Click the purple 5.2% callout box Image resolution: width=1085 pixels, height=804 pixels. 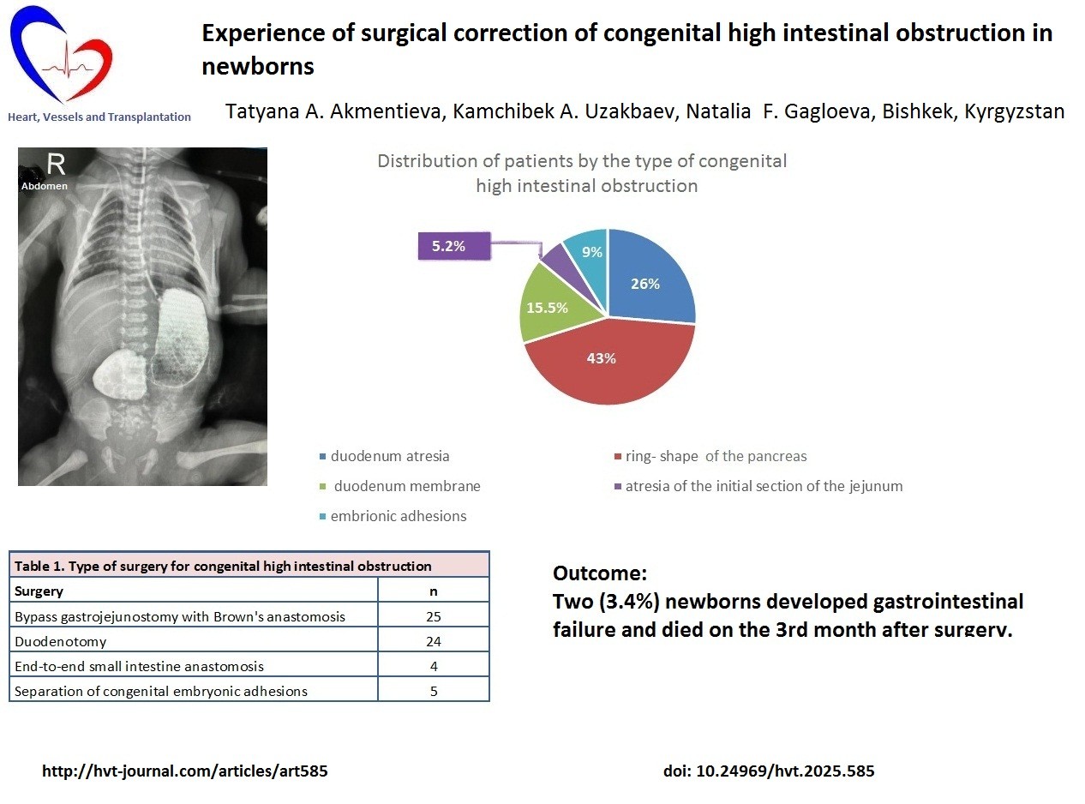454,246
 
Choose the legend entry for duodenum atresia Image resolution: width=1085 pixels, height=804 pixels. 385,456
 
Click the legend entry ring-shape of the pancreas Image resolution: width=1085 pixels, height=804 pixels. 710,456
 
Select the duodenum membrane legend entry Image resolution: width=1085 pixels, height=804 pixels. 400,486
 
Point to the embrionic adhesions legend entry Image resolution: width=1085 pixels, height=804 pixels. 393,516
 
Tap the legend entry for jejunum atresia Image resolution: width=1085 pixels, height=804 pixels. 758,486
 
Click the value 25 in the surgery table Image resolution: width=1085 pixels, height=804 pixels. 434,616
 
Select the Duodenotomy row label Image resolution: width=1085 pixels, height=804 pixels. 61,641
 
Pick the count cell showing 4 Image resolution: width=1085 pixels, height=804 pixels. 434,666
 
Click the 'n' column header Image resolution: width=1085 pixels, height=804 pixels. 434,591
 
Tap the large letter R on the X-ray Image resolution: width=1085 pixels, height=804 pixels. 56,164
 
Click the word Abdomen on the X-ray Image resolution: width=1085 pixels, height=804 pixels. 44,186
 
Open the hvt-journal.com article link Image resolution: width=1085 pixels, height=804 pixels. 185,771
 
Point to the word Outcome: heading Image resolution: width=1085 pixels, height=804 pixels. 600,573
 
